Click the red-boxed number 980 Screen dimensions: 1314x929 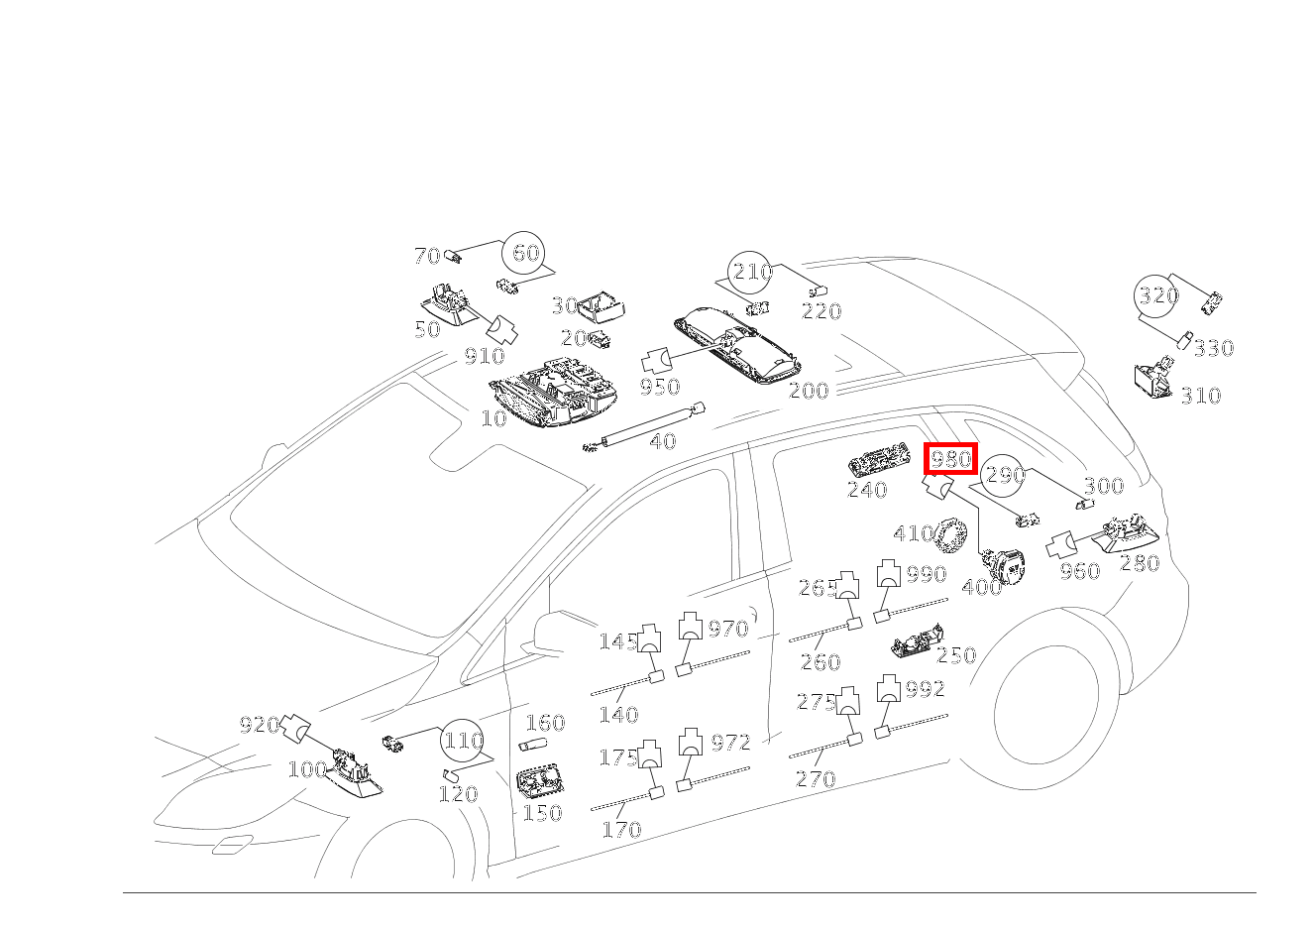tap(950, 458)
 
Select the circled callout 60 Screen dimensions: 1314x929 tap(524, 254)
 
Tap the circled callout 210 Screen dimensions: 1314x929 tap(750, 273)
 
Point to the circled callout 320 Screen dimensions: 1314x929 tap(1156, 295)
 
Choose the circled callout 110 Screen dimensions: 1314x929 tap(462, 742)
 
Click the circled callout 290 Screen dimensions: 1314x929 tap(1004, 475)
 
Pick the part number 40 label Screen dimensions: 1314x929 tap(663, 441)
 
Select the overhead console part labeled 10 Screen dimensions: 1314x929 tap(553, 392)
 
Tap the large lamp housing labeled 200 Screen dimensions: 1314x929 tap(738, 343)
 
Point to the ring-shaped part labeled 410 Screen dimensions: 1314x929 tap(951, 534)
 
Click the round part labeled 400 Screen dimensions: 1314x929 tap(1004, 566)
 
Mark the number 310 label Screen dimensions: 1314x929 tap(1201, 396)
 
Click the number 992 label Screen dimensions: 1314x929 tap(926, 689)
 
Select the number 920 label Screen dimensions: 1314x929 tap(260, 726)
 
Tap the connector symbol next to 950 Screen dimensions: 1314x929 tap(656, 360)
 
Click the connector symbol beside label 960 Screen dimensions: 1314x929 tap(1060, 545)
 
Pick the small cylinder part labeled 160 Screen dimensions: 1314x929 tap(533, 745)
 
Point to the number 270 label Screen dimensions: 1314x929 tap(816, 779)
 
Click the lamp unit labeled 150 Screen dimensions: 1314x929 tap(538, 780)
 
